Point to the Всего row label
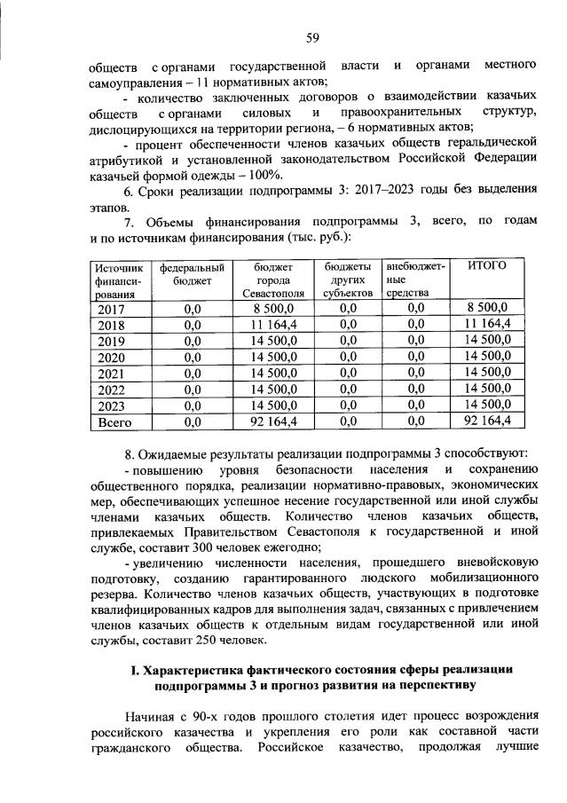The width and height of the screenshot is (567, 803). (114, 421)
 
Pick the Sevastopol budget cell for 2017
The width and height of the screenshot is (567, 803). (267, 308)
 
